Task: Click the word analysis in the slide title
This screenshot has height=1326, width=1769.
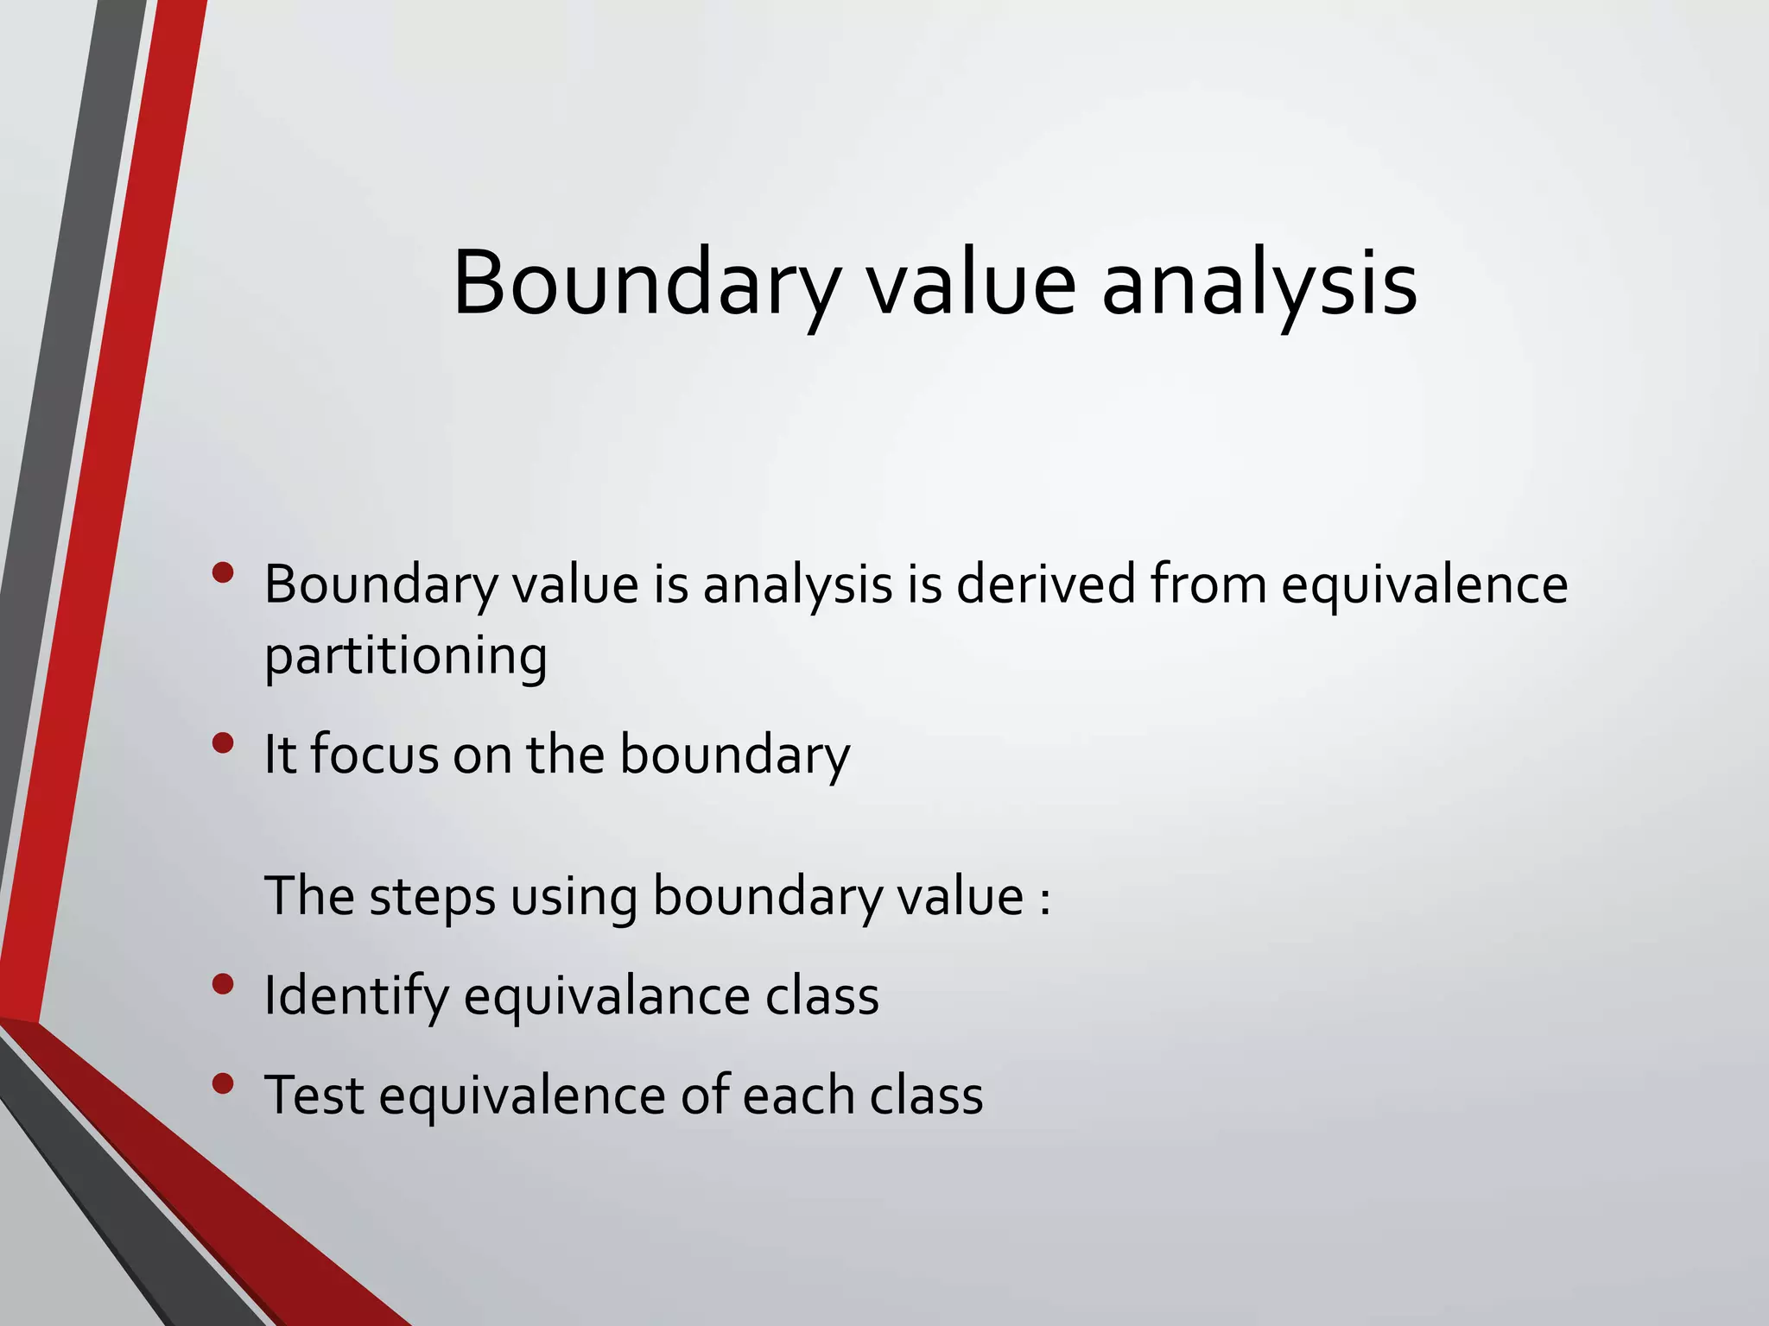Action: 1259,283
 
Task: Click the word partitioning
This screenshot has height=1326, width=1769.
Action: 405,656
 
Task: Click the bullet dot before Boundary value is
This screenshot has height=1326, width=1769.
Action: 223,572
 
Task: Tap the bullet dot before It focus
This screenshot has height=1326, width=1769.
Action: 223,742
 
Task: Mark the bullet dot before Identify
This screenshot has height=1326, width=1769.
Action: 223,984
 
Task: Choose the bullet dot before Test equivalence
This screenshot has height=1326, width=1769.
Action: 223,1083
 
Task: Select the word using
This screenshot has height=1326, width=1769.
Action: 573,898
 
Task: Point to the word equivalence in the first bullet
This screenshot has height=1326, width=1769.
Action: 1423,586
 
